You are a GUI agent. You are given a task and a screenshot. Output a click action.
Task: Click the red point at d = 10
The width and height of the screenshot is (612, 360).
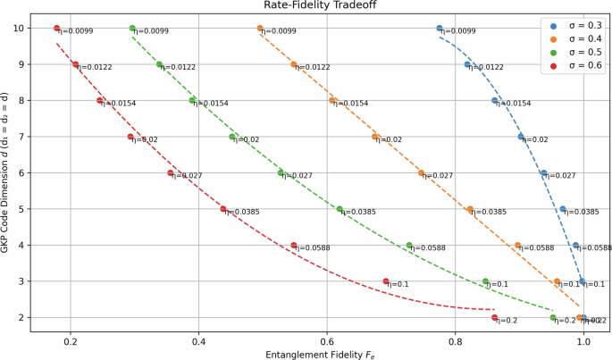[x=57, y=29]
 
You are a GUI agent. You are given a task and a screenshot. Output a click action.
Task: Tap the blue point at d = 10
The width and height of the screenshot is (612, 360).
[x=440, y=29]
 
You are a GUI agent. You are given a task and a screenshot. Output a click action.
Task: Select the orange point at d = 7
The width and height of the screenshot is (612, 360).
[x=375, y=137]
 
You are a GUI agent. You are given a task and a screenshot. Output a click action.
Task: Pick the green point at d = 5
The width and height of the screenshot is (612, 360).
[x=340, y=209]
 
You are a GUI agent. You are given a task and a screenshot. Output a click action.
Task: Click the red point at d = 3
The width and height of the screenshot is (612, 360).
[x=386, y=281]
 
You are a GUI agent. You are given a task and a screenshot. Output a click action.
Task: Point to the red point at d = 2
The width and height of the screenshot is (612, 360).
[x=494, y=317]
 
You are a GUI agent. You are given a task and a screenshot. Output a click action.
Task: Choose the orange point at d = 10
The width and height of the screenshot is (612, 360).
[x=260, y=29]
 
